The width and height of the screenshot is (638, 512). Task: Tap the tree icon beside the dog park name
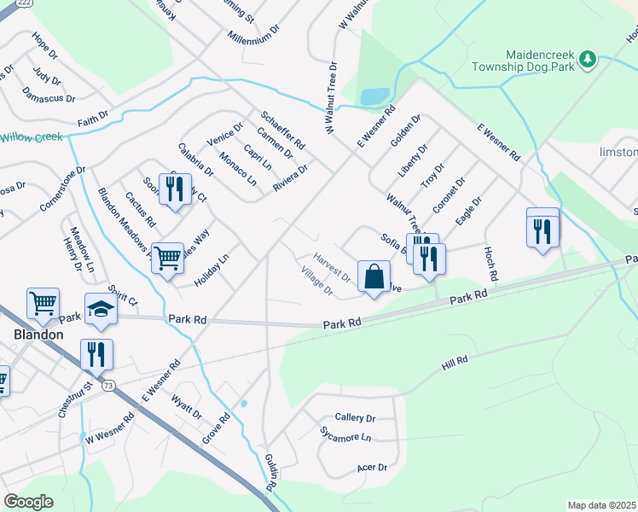(587, 58)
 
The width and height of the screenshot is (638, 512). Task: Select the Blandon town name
(38, 335)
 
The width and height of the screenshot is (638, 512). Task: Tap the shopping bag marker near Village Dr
(374, 276)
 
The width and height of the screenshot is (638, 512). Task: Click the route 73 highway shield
(107, 386)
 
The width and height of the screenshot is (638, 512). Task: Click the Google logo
(28, 501)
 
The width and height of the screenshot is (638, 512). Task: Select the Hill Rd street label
(455, 362)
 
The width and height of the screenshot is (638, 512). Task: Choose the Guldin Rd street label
(270, 472)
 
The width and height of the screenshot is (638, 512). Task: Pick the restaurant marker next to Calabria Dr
(175, 191)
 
